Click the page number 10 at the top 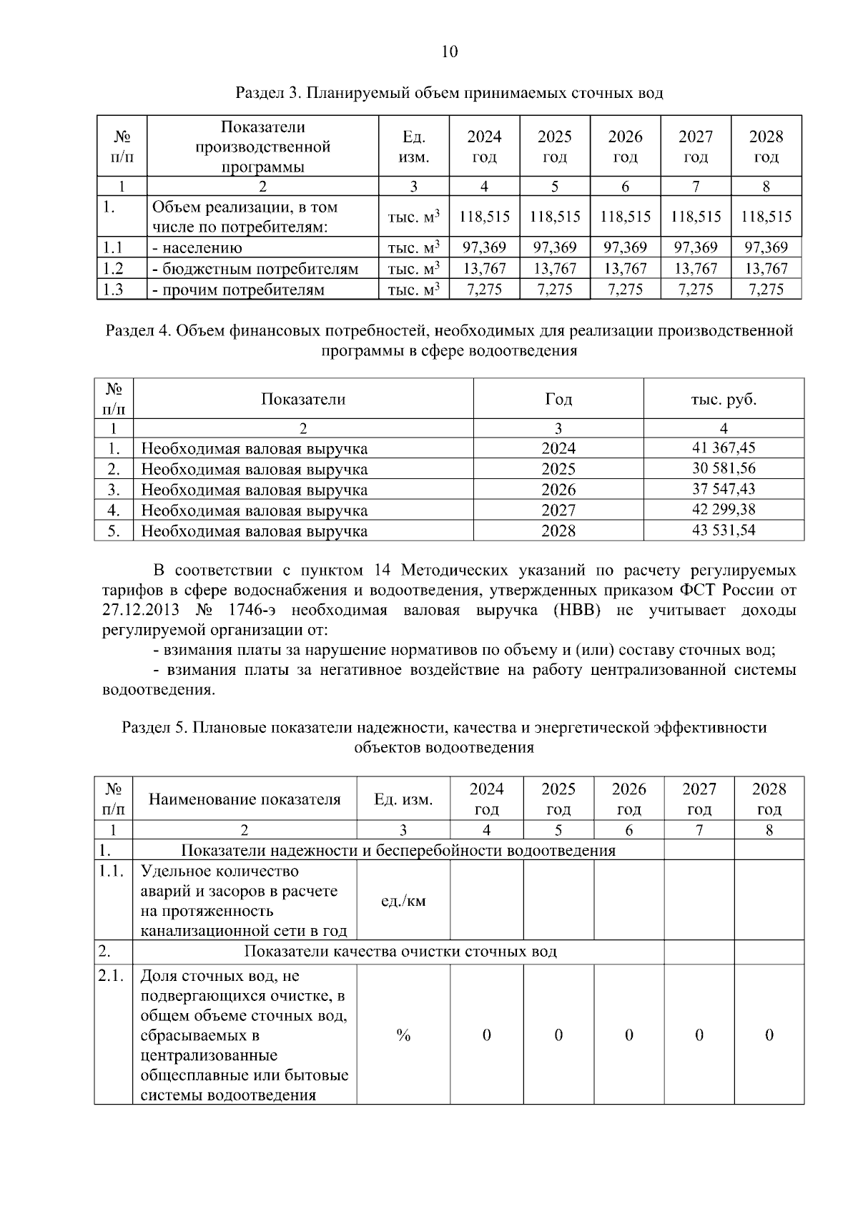450,51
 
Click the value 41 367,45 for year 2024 723,448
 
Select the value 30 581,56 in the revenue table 723,468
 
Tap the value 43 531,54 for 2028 723,530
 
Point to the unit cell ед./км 403,901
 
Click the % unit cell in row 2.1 403,1035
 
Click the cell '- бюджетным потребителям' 255,269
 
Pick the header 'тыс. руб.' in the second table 723,399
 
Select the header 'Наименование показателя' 245,799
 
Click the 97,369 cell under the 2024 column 484,247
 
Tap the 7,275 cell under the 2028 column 766,290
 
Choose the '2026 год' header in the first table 625,146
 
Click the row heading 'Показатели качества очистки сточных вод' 400,952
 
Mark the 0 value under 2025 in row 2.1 558,1035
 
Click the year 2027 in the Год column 558,510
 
